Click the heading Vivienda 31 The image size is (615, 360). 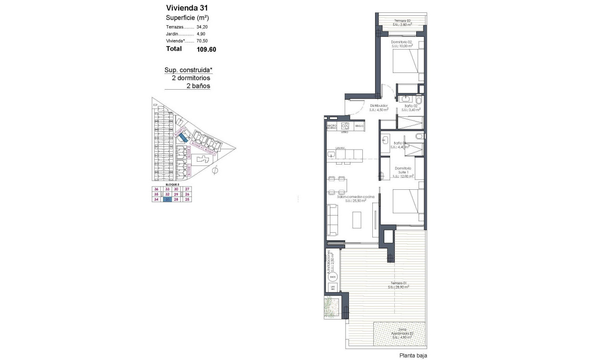(186, 8)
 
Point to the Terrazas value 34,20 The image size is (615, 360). (202, 27)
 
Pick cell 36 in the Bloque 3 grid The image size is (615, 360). (156, 189)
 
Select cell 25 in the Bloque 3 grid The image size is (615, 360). (187, 200)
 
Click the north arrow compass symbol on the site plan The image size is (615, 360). (215, 169)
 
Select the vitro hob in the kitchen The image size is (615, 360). (345, 126)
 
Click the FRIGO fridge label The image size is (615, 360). (359, 126)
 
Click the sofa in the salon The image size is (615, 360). (332, 219)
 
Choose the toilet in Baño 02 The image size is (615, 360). (418, 102)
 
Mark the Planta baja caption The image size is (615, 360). (413, 355)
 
